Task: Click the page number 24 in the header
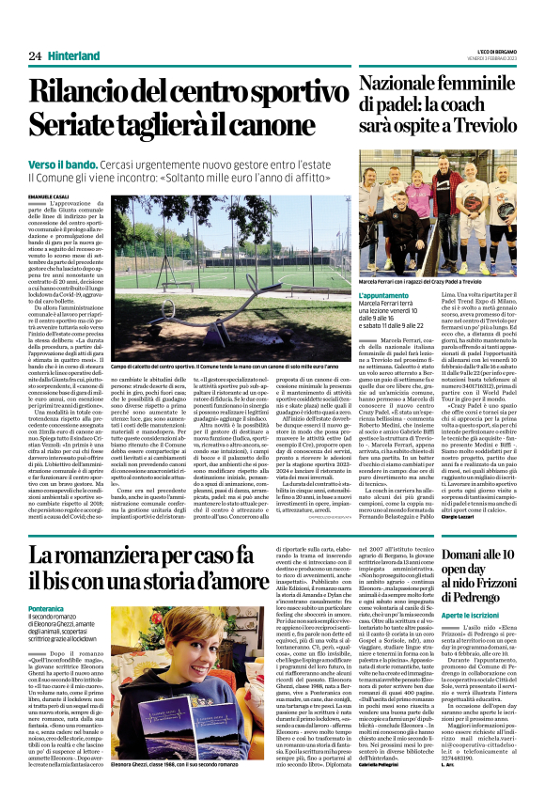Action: coord(35,56)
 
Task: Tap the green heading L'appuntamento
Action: coord(384,294)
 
